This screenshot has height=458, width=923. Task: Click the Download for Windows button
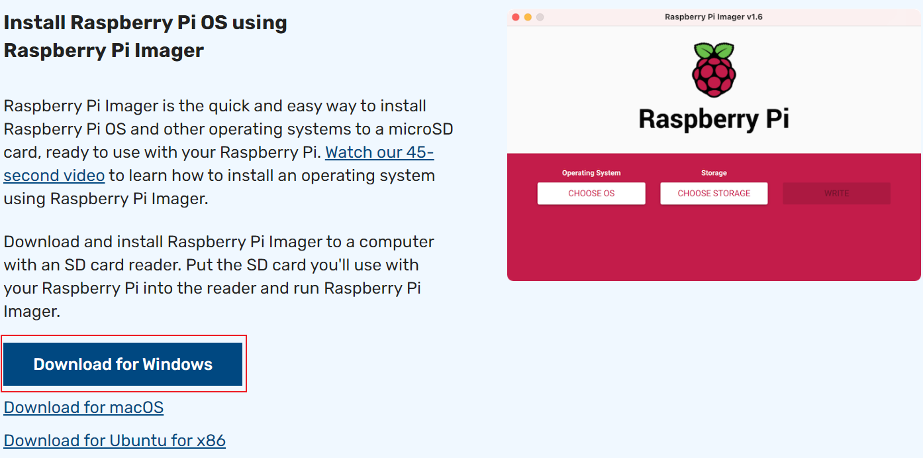pos(123,364)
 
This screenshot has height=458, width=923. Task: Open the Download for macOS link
pos(83,407)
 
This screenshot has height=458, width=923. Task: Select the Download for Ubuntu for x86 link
pos(115,440)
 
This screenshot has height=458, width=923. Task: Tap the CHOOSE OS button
pos(591,194)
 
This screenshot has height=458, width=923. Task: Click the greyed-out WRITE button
pos(836,194)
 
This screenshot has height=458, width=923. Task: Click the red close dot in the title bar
pos(516,17)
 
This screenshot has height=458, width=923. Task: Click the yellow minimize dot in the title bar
pos(528,17)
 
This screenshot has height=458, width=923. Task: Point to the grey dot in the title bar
pos(540,17)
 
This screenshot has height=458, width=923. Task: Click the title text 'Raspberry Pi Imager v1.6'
pos(714,17)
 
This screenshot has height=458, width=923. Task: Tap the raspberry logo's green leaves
pos(714,50)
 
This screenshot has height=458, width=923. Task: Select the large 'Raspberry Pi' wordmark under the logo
pos(714,119)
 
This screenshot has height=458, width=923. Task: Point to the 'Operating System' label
pos(591,173)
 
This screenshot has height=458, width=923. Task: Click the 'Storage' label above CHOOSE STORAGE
pos(714,173)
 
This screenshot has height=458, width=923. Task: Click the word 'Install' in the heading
pos(34,23)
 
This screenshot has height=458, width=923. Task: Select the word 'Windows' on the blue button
pos(177,364)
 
